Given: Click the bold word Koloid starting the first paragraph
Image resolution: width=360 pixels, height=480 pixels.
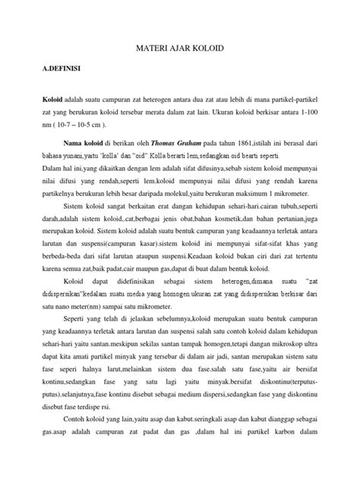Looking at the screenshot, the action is click(x=53, y=99).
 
